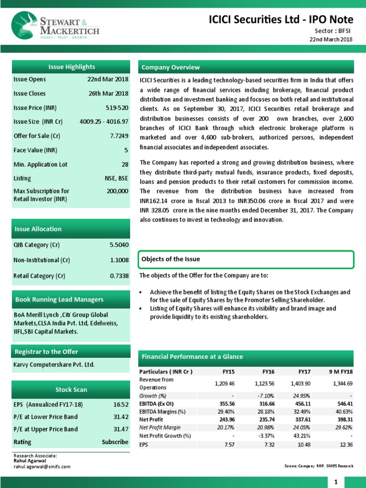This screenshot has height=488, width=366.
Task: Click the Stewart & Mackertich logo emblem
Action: pyautogui.click(x=25, y=26)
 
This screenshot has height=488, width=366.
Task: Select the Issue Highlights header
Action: pyautogui.click(x=71, y=67)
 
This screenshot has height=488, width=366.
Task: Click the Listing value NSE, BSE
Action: pyautogui.click(x=116, y=178)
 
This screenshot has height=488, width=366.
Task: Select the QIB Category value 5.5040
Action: pyautogui.click(x=119, y=244)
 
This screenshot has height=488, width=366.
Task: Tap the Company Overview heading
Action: pyautogui.click(x=171, y=67)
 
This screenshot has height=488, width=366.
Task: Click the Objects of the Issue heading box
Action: pyautogui.click(x=245, y=259)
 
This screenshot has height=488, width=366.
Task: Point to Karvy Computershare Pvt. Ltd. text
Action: pyautogui.click(x=54, y=365)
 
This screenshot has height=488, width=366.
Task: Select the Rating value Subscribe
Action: pyautogui.click(x=115, y=442)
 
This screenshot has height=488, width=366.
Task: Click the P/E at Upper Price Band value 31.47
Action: pyautogui.click(x=120, y=429)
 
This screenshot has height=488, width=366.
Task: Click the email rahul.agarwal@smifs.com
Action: pyautogui.click(x=42, y=467)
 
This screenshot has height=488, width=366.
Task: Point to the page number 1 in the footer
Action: pyautogui.click(x=336, y=482)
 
